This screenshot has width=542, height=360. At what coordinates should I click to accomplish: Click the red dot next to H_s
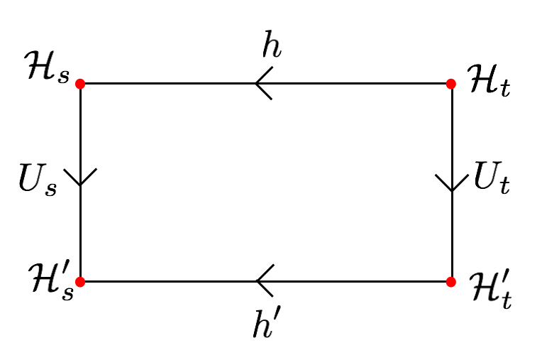(x=80, y=84)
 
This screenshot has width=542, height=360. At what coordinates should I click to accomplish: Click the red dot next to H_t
(x=451, y=84)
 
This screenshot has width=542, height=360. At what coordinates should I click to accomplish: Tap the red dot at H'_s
(x=80, y=281)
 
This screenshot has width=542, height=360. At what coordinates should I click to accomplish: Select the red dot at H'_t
(x=451, y=281)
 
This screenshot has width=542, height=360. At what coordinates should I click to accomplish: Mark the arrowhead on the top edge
(x=262, y=84)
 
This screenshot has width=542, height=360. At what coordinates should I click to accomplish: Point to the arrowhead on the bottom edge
(x=262, y=281)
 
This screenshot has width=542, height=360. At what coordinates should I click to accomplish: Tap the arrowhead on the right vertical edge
(x=452, y=183)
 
